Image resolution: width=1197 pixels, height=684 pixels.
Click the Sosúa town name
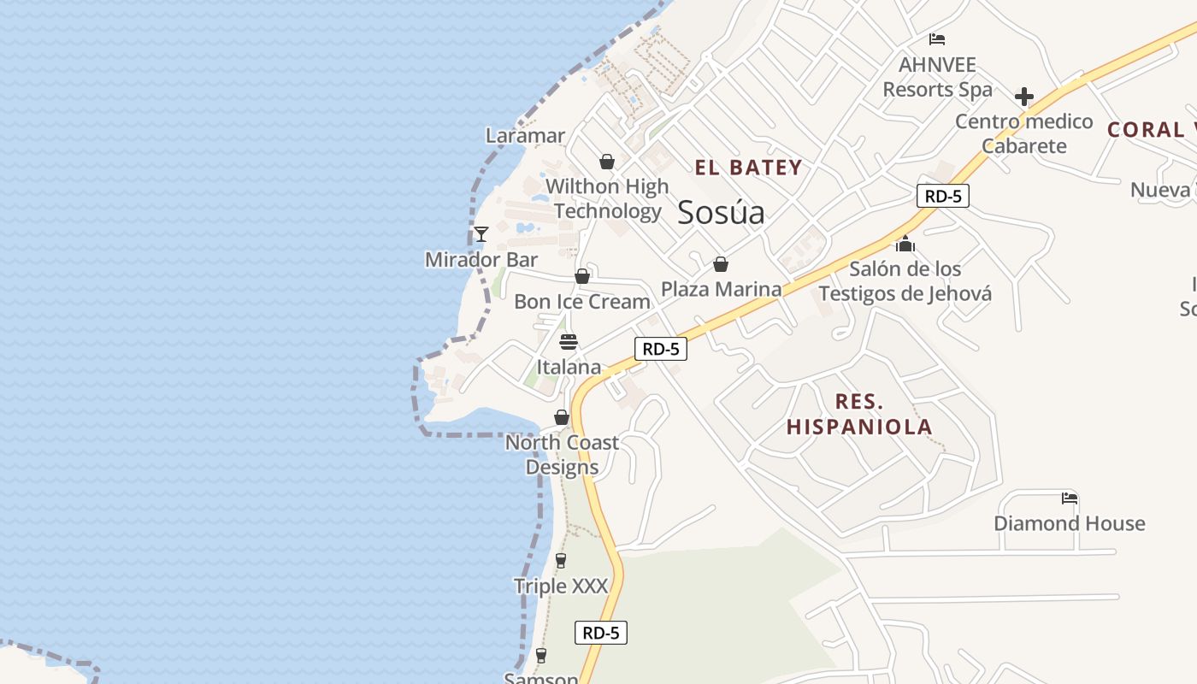click(x=721, y=212)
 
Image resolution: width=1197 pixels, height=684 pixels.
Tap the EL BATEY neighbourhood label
click(x=748, y=168)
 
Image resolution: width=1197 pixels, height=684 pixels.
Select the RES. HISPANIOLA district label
click(x=859, y=414)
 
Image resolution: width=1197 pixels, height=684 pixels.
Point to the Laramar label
click(x=525, y=135)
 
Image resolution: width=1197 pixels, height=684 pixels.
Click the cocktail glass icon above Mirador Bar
click(x=481, y=233)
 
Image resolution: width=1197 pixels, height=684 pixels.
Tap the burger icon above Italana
click(x=569, y=342)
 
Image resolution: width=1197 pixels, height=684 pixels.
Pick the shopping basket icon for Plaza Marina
click(x=721, y=264)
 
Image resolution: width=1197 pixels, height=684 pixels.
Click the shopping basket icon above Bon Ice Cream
click(x=582, y=276)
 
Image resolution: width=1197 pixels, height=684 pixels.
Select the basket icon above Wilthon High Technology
click(x=607, y=162)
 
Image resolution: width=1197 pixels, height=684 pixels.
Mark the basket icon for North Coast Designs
click(x=562, y=417)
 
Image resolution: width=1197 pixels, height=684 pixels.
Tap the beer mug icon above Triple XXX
click(x=561, y=561)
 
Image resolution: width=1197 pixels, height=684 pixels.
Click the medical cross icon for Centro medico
click(x=1023, y=97)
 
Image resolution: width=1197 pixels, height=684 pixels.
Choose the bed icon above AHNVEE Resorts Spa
click(x=937, y=39)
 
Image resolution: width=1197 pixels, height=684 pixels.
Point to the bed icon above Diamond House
click(x=1069, y=498)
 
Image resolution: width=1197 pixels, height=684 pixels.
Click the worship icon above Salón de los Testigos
click(x=905, y=245)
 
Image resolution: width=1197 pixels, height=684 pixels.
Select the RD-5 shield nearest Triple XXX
click(x=601, y=633)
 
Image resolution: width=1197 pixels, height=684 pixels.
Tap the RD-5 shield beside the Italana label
click(x=661, y=349)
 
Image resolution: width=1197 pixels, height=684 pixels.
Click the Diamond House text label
click(x=1069, y=523)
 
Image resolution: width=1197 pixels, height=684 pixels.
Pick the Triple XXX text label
click(x=561, y=587)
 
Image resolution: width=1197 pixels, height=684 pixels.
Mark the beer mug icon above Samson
click(x=540, y=656)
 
